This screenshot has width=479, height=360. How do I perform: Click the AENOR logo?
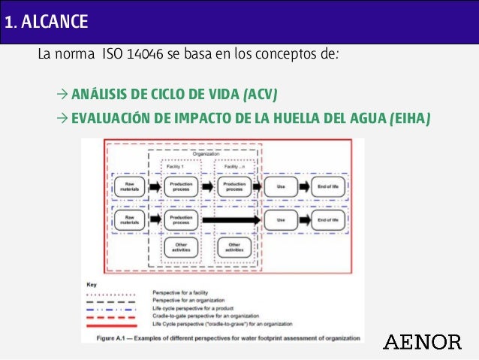(x=423, y=342)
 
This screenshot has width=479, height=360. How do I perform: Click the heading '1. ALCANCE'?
(x=45, y=22)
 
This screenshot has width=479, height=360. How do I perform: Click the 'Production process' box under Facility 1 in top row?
(x=181, y=187)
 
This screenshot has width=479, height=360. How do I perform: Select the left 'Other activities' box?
(x=181, y=247)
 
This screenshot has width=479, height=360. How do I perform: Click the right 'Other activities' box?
(x=233, y=247)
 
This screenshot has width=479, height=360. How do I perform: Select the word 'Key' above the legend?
(x=92, y=285)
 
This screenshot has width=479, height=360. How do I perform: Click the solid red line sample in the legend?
(x=113, y=326)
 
